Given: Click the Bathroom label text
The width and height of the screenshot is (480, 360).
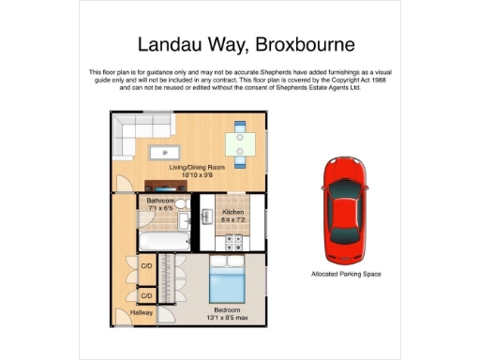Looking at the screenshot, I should point(161,201).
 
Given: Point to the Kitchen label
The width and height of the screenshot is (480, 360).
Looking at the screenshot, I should point(232,212).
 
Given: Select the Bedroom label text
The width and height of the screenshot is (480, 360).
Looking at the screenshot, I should point(227,309).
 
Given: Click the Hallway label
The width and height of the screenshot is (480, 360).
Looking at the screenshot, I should point(128,312).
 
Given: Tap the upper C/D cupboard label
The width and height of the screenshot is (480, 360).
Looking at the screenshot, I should point(146,266).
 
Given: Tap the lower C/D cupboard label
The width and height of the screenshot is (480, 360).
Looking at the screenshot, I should point(146,295).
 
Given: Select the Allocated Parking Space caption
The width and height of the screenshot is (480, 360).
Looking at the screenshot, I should point(346,275).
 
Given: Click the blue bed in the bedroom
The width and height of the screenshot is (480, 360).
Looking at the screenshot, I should point(226,279).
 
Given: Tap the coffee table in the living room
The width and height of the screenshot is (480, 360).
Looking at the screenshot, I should point(167,149).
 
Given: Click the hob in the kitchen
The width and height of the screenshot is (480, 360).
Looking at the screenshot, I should point(232,241).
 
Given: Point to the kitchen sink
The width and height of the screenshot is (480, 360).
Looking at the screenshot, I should point(207,217).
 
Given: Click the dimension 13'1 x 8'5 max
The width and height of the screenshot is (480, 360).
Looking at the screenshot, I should point(227,317).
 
